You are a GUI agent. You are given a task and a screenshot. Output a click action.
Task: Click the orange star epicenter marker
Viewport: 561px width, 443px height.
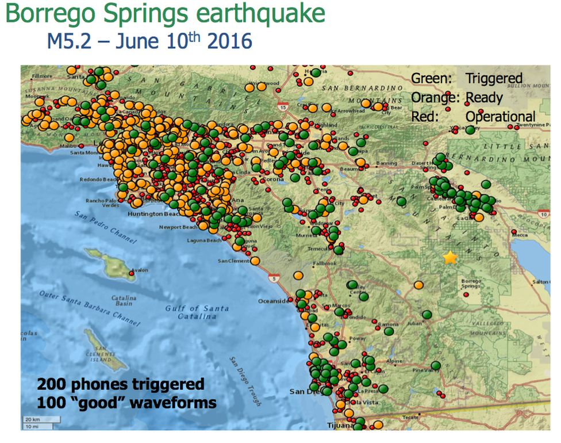tap(450, 258)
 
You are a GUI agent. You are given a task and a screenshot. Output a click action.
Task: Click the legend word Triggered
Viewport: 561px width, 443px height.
tap(494, 79)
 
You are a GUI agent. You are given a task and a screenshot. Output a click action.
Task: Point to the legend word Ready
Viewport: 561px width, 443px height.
tap(484, 97)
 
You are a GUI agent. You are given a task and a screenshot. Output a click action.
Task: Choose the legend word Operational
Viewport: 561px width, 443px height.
tap(500, 116)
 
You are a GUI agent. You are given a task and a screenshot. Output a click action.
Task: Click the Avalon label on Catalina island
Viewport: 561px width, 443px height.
tap(140, 270)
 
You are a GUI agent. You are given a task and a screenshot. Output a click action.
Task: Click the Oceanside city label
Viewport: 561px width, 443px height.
tap(273, 301)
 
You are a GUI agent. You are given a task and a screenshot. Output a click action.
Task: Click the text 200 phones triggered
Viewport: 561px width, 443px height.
tap(121, 384)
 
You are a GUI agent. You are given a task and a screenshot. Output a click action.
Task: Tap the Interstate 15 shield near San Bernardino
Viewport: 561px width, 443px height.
tap(282, 107)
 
